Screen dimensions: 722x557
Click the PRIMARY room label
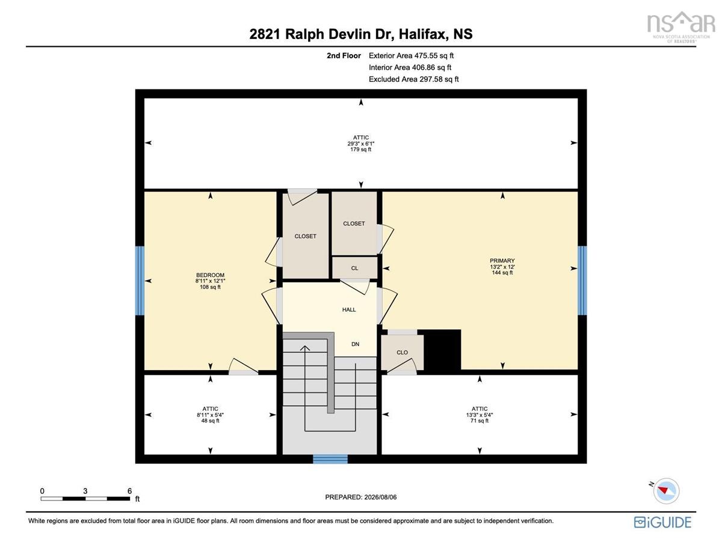pyautogui.click(x=502, y=260)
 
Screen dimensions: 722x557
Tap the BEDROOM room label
pyautogui.click(x=210, y=275)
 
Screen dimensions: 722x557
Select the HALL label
pyautogui.click(x=349, y=309)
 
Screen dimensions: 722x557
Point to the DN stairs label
pyautogui.click(x=355, y=344)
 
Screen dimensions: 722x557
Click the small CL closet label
pyautogui.click(x=354, y=268)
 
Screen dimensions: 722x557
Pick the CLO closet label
pyautogui.click(x=402, y=352)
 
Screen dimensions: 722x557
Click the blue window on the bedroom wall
pyautogui.click(x=140, y=281)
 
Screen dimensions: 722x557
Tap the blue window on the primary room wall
pyautogui.click(x=582, y=281)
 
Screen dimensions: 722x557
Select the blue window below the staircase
pyautogui.click(x=330, y=459)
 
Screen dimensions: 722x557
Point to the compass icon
pyautogui.click(x=665, y=491)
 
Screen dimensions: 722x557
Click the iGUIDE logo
pyautogui.click(x=662, y=522)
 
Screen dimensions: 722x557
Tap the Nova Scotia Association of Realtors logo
pyautogui.click(x=681, y=26)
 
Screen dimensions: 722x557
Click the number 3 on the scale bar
pyautogui.click(x=85, y=491)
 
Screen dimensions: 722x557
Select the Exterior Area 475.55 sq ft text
pyautogui.click(x=411, y=55)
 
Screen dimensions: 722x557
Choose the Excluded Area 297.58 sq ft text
pyautogui.click(x=414, y=79)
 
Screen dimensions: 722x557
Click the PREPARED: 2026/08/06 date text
pyautogui.click(x=361, y=497)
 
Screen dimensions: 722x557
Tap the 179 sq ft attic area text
pyautogui.click(x=361, y=149)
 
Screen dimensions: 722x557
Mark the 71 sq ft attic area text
pyautogui.click(x=480, y=421)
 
